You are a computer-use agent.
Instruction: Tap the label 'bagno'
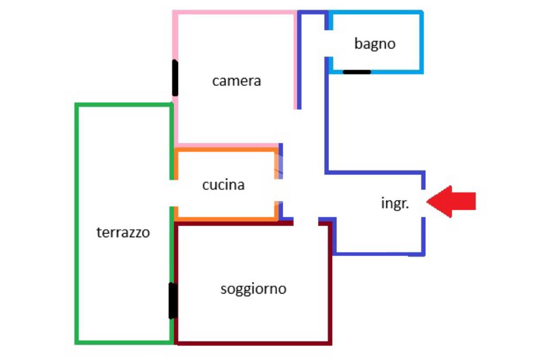click(x=375, y=44)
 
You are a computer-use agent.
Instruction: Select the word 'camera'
click(x=236, y=81)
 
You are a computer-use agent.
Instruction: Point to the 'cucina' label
click(x=223, y=185)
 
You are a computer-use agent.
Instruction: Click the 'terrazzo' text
click(x=123, y=232)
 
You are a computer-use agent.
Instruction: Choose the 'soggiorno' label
click(x=253, y=289)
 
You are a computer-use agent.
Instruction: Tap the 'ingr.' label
click(x=395, y=203)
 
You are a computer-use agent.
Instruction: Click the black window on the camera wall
click(x=175, y=77)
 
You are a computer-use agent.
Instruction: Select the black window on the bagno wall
click(x=357, y=72)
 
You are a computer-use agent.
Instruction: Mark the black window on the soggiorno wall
click(x=172, y=300)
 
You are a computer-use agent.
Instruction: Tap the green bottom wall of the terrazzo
click(x=124, y=343)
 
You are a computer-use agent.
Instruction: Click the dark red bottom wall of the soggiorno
click(x=253, y=343)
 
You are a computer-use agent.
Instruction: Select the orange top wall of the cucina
click(x=226, y=150)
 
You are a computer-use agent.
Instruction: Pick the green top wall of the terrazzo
click(x=124, y=105)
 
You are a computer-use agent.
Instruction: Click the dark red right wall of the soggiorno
click(x=330, y=285)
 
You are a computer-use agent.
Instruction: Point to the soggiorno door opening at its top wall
click(x=306, y=222)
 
